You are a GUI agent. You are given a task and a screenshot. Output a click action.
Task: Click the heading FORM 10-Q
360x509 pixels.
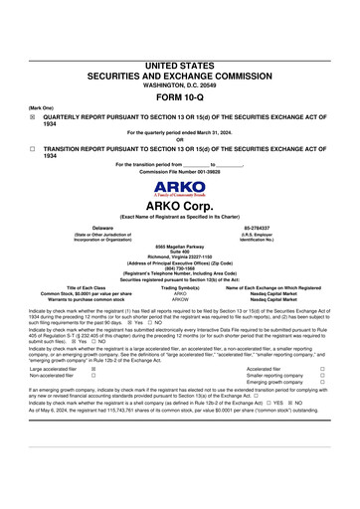[x=180, y=97]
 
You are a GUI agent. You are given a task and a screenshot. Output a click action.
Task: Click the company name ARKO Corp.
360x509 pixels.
[x=180, y=206]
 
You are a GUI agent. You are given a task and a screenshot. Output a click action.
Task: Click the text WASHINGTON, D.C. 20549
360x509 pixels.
[x=180, y=84]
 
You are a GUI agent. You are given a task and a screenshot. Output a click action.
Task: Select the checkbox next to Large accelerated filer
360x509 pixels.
[x=92, y=368]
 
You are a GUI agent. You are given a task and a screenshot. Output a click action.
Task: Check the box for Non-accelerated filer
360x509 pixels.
[x=92, y=375]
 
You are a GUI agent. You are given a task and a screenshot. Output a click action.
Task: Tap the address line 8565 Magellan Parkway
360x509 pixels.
[x=180, y=245]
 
